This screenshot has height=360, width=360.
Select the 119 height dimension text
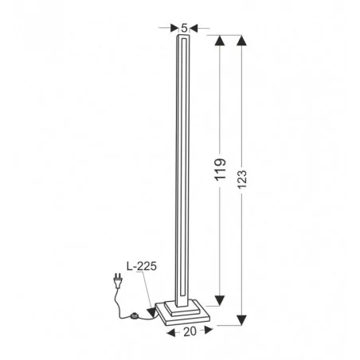tap(221, 170)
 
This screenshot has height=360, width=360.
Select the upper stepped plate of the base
tap(185, 306)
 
